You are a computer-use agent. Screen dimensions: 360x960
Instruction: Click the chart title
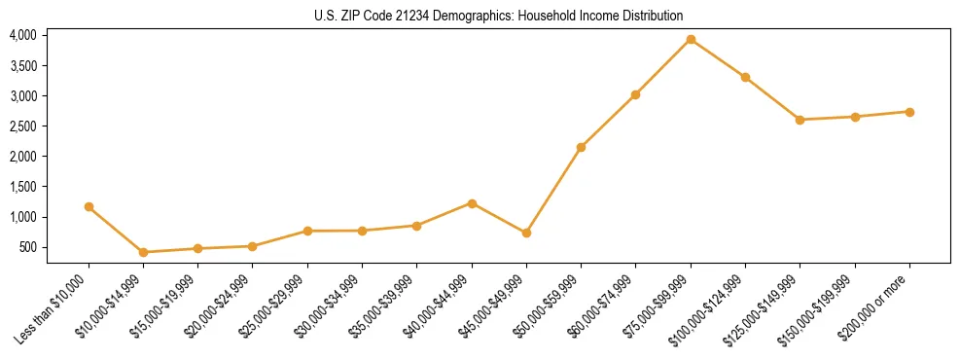coord(498,16)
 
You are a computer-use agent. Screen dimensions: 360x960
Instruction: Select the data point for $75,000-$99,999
coord(691,40)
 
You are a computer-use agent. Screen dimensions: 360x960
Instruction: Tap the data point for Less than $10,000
coord(89,206)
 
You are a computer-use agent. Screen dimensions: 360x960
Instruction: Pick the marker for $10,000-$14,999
coord(144,252)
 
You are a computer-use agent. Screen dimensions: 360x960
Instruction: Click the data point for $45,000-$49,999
coord(526,233)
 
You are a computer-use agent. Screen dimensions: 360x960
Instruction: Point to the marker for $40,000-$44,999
coord(472,203)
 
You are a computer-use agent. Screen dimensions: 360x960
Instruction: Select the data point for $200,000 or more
coord(909,112)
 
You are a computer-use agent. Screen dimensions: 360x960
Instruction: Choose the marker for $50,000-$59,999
coord(581,147)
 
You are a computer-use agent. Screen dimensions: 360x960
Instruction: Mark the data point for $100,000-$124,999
coord(745,77)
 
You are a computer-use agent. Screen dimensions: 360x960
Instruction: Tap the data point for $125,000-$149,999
coord(800,120)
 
